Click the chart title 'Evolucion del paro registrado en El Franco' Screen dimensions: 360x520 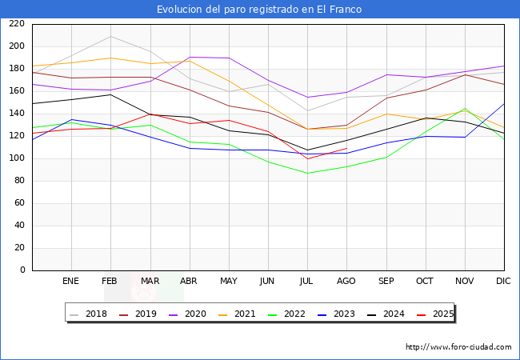(x=259, y=10)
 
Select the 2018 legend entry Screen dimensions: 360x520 (x=89, y=314)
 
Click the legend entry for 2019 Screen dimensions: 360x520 (x=138, y=314)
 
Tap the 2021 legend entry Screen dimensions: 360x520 (x=238, y=314)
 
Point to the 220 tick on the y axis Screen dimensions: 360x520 (x=16, y=24)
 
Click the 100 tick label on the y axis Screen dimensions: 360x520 (x=16, y=158)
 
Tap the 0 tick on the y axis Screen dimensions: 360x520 (x=22, y=270)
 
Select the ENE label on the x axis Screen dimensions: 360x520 (x=71, y=282)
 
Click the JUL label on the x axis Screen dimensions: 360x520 (x=307, y=282)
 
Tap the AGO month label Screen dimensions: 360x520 (x=346, y=282)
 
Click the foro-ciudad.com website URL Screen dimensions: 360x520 (x=458, y=347)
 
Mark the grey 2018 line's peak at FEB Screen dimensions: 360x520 (x=110, y=36)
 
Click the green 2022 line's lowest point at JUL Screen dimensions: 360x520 (x=307, y=174)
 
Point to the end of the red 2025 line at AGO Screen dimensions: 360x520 (x=346, y=148)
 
